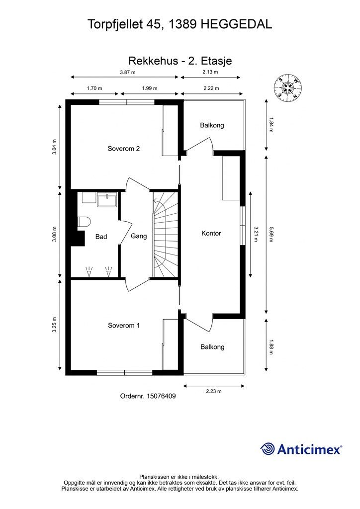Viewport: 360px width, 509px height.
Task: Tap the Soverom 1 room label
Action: point(124,325)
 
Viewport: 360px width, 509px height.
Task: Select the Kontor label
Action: point(211,233)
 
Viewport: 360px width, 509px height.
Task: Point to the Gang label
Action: point(139,236)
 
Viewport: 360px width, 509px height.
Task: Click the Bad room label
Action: point(101,237)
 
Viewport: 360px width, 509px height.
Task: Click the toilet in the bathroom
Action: point(83,222)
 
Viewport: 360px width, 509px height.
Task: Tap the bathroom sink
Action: point(107,200)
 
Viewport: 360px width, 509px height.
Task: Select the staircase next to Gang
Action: point(165,235)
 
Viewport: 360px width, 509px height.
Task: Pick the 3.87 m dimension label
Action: point(127,72)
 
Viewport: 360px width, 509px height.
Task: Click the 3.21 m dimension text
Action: point(256,234)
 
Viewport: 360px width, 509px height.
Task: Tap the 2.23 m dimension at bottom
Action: point(214,391)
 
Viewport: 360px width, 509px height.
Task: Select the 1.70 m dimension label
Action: point(94,88)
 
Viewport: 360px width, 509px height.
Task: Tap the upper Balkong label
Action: point(212,125)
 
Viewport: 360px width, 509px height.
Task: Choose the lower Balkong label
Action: point(212,347)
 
